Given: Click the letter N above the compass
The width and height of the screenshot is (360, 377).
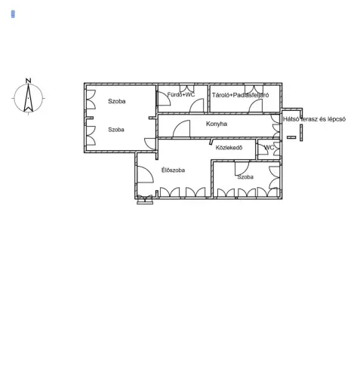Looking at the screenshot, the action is [29, 81].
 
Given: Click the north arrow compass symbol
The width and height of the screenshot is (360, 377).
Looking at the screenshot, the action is [29, 98].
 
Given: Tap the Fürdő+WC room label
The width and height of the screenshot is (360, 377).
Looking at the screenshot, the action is [181, 95].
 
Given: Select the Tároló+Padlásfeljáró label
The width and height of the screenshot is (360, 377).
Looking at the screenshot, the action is [240, 95].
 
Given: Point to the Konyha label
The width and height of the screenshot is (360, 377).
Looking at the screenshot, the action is [217, 124].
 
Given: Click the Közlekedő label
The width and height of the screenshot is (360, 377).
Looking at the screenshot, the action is [229, 148].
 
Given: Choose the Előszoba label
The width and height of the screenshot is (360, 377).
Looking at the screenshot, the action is [173, 170].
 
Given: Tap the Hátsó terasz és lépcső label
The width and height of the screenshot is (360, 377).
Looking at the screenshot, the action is [314, 119].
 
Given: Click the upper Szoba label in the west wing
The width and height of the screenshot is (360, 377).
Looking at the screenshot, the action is [117, 101].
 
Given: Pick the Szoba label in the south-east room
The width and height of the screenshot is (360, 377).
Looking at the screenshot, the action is [245, 177].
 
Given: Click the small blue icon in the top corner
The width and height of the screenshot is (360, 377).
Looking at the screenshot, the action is [13, 14].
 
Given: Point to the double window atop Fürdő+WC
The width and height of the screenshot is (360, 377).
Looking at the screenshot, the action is [186, 88].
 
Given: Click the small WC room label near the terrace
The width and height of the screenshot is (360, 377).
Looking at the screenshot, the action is [269, 148].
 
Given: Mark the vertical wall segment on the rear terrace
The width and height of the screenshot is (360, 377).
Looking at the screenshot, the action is [301, 133].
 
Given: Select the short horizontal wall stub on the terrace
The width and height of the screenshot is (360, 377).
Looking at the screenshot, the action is [291, 137].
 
